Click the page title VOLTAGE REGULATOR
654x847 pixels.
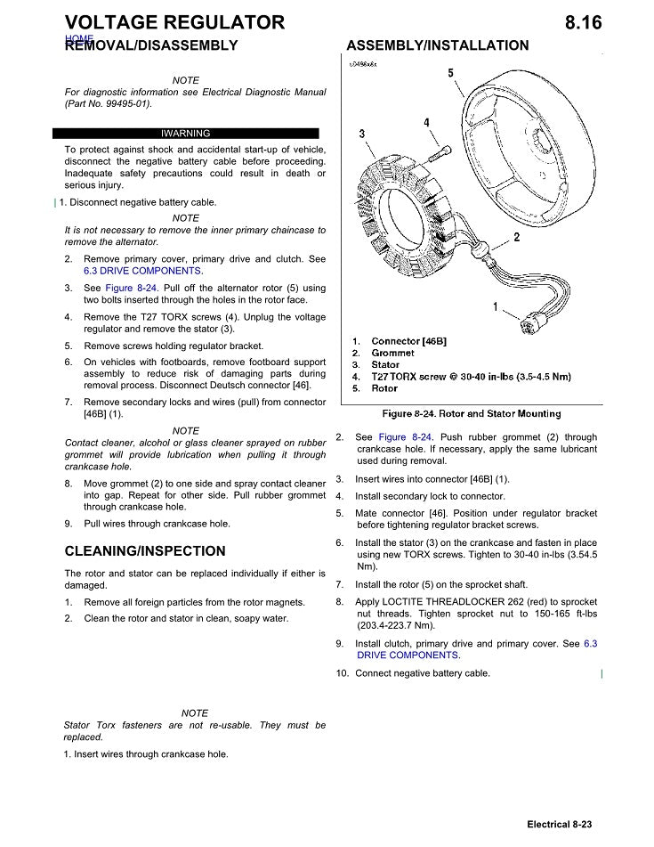tap(175, 22)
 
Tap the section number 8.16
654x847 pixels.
tap(583, 22)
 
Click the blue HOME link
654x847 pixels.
tap(79, 39)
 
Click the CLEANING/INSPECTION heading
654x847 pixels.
tap(145, 550)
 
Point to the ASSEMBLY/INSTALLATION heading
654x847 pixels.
tap(438, 45)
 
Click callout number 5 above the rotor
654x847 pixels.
tap(450, 72)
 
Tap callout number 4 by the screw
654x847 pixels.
tap(426, 123)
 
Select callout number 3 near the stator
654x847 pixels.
tap(361, 134)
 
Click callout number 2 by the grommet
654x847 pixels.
tap(517, 237)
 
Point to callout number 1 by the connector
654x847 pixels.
tap(495, 306)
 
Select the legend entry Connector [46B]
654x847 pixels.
tap(408, 341)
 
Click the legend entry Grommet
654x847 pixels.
tap(392, 353)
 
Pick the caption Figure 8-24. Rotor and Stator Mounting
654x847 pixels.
tap(472, 413)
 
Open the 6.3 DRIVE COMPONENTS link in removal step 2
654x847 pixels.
tap(142, 271)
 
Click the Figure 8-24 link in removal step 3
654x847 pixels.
tap(131, 289)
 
